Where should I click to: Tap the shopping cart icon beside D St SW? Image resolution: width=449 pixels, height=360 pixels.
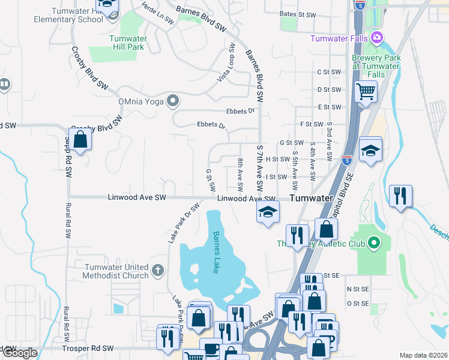365,92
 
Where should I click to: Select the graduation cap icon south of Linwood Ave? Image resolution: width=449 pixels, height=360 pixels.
268,212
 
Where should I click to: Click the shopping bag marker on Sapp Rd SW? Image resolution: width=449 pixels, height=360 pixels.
80,140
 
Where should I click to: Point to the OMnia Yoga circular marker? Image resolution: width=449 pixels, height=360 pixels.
173,100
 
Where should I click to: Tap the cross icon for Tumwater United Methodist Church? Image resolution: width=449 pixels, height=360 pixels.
158,271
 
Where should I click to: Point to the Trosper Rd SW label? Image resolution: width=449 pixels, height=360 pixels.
88,348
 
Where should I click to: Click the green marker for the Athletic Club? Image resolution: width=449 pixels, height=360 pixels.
374,243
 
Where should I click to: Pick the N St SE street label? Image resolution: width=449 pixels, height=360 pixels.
358,289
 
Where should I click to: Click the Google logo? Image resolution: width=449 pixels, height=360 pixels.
20,353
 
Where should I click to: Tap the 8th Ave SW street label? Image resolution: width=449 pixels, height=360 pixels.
240,173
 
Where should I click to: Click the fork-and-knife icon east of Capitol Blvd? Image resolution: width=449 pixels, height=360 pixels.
399,196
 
